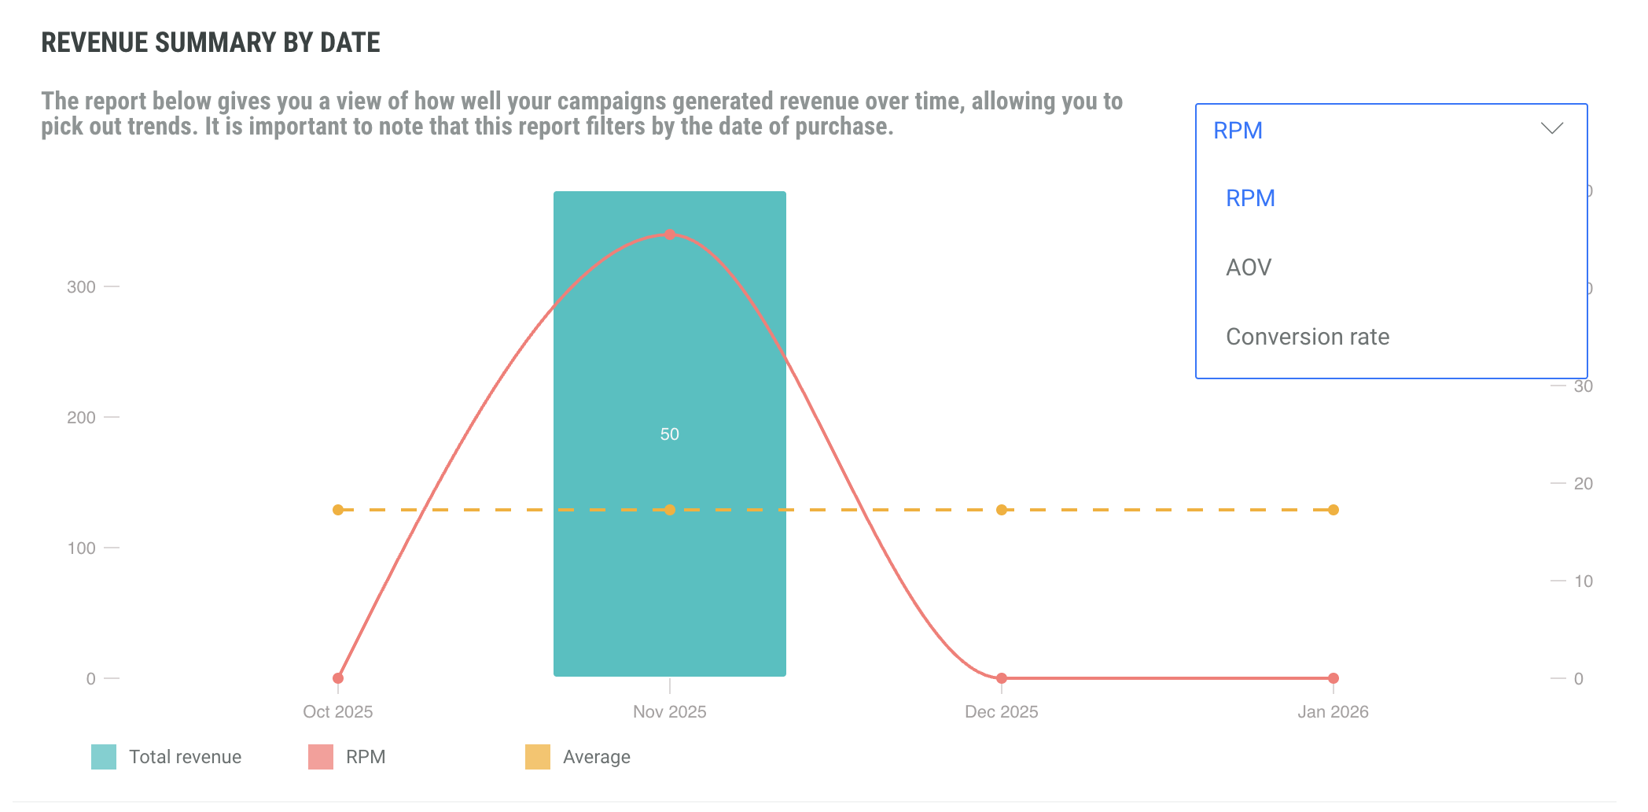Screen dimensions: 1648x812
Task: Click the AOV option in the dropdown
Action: [1249, 268]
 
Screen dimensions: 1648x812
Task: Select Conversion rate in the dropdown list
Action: [1308, 337]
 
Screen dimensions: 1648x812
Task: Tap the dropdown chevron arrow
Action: [1552, 129]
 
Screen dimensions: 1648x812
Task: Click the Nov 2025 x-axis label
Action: [670, 712]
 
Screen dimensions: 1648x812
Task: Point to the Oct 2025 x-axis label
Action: [338, 712]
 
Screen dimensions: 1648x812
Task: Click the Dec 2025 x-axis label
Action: [1002, 712]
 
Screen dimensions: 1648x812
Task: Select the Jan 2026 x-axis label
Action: [1333, 712]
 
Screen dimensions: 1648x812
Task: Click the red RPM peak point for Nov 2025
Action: [670, 234]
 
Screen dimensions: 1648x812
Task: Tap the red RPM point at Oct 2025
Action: [338, 678]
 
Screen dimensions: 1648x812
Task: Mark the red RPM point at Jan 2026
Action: [1333, 678]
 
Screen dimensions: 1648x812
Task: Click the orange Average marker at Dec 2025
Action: [1002, 510]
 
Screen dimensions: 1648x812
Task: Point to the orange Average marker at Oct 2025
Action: [338, 510]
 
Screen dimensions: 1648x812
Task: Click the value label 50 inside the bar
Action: [670, 434]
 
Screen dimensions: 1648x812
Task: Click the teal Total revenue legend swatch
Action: [104, 757]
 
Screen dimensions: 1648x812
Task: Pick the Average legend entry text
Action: [597, 757]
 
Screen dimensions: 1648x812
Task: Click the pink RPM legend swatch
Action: [321, 757]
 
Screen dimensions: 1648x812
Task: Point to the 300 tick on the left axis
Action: [81, 287]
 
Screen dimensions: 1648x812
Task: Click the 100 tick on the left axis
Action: [81, 548]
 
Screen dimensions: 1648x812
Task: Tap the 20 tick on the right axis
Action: [1583, 484]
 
